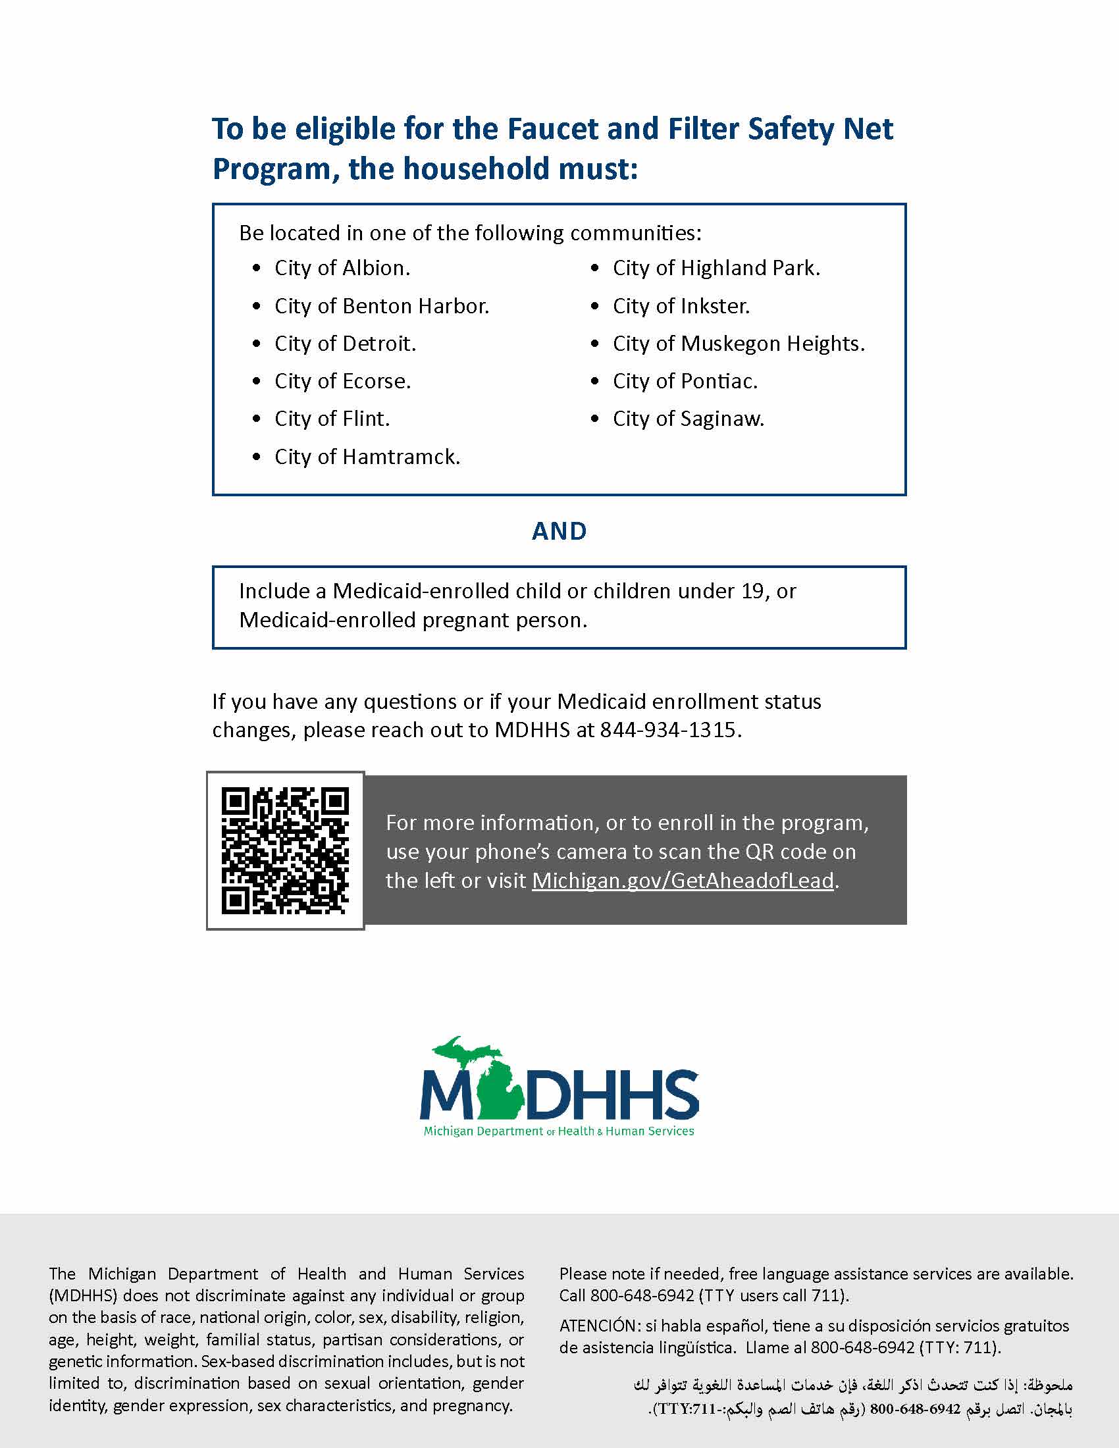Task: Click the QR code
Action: [285, 850]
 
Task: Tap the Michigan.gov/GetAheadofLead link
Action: [682, 881]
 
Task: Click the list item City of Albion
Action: [342, 268]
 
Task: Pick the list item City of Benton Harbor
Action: [381, 306]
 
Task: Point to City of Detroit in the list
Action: [345, 344]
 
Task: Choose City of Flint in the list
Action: [332, 419]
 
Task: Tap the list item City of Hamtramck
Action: [367, 457]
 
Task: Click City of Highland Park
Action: [716, 268]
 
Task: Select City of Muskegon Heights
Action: [739, 344]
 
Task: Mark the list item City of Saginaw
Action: [688, 419]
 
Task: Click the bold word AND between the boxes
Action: [559, 531]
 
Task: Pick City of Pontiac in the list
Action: [685, 381]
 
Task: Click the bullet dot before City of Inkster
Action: [594, 306]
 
